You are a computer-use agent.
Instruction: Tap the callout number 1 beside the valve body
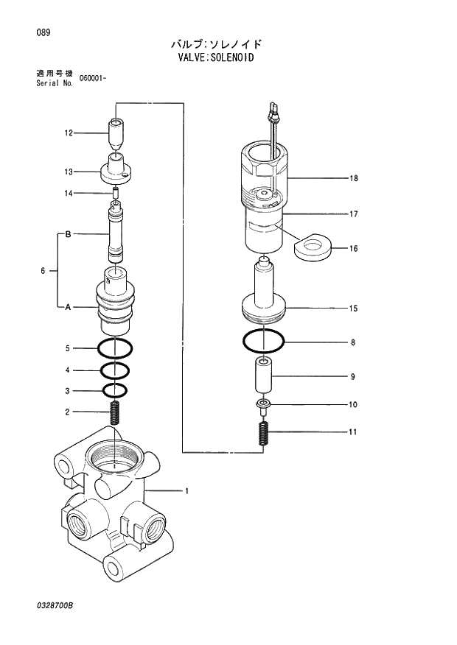tap(186, 490)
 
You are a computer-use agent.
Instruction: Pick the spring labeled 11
tap(263, 431)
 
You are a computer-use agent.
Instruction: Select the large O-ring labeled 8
tap(263, 342)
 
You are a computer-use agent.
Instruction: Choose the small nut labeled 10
tap(263, 403)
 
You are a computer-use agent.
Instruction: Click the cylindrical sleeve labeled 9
tap(263, 376)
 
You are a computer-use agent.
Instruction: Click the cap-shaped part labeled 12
tap(115, 133)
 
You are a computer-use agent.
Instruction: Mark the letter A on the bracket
tap(68, 307)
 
